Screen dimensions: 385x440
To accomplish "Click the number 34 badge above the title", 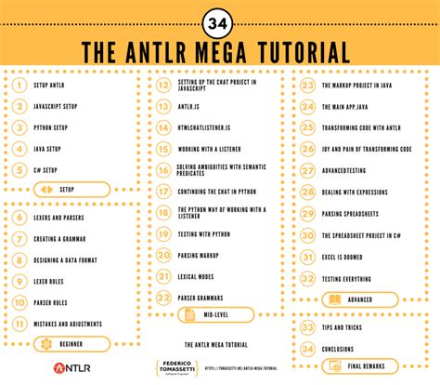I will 220,20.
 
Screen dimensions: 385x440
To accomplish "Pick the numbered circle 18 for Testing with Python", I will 163,233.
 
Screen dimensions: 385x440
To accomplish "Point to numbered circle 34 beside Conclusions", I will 307,347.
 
